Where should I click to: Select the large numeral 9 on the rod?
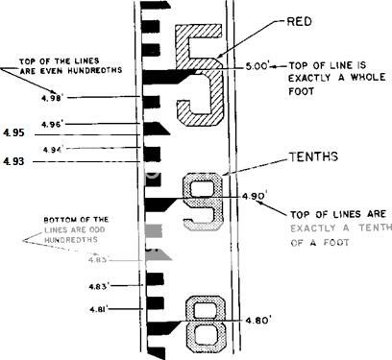pos(202,200)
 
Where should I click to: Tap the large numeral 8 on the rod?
pos(204,323)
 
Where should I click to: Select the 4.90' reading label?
pos(255,195)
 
